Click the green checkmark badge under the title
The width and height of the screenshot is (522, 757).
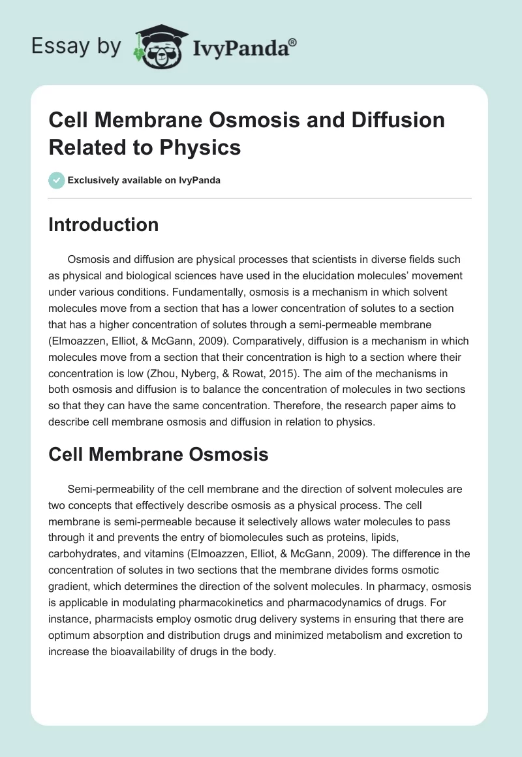click(x=56, y=180)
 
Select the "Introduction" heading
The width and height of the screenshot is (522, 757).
click(x=104, y=225)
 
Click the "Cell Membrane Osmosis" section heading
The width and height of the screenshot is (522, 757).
click(x=159, y=454)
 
